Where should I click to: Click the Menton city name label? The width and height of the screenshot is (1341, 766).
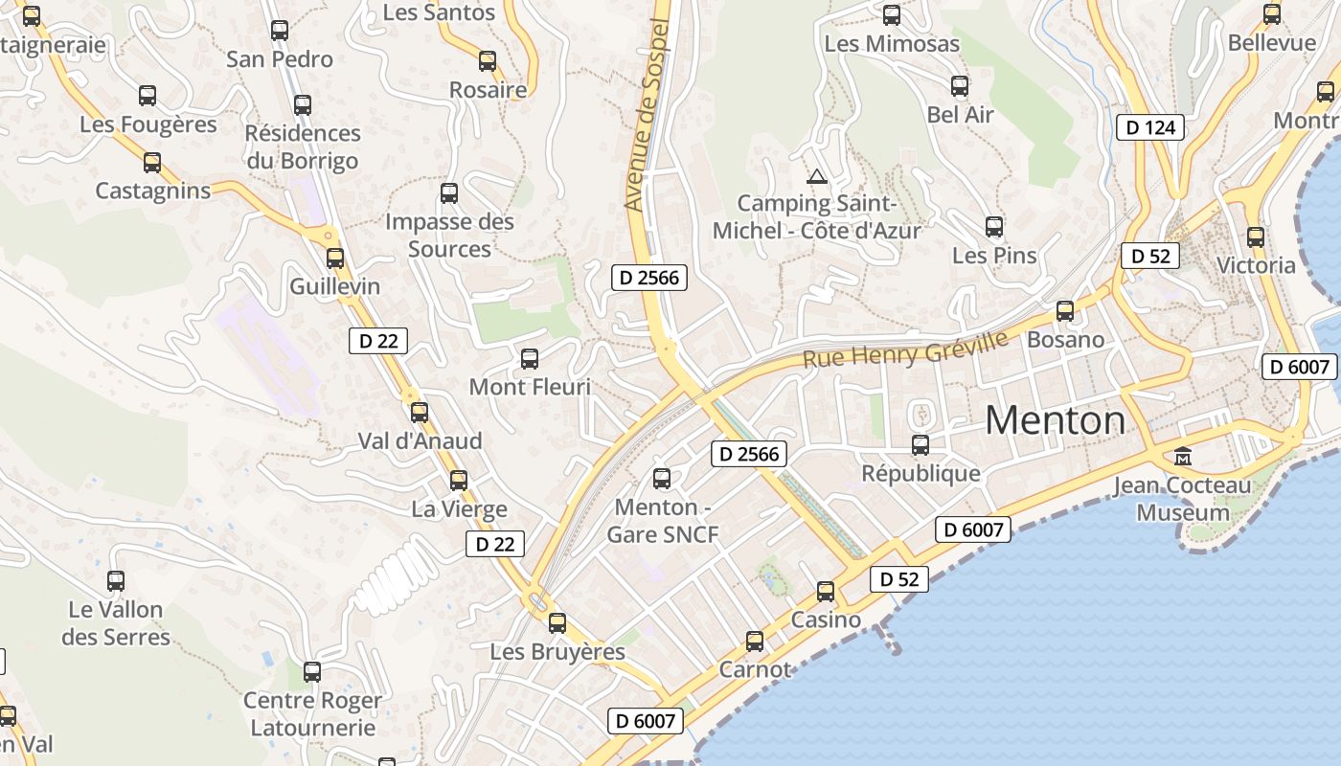click(1055, 420)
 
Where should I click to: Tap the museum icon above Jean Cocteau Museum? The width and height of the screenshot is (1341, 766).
click(1183, 457)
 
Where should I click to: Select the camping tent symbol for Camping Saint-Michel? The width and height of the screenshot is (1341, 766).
click(816, 176)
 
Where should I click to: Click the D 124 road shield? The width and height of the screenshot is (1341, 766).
click(1150, 127)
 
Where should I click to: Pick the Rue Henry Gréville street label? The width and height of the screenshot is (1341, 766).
click(905, 349)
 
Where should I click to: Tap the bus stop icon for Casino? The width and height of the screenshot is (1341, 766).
click(826, 592)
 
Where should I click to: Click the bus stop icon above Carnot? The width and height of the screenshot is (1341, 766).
click(755, 641)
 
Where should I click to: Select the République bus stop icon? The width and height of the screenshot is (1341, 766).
click(921, 444)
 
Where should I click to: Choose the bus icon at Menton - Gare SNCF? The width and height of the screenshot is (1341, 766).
click(662, 478)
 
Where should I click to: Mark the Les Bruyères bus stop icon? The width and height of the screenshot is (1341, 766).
click(557, 623)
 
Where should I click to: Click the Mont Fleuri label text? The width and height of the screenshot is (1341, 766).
click(529, 387)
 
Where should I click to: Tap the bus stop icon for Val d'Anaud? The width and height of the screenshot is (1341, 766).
click(420, 413)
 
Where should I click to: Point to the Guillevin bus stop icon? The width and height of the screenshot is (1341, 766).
click(335, 258)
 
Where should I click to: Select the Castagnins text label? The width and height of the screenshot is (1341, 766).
click(152, 191)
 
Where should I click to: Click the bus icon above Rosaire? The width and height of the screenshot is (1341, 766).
click(488, 61)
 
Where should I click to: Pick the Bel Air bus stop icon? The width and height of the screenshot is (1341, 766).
click(960, 86)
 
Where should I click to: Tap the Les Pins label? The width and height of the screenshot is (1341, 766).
click(994, 256)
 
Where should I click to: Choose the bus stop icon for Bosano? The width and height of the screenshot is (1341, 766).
click(1065, 311)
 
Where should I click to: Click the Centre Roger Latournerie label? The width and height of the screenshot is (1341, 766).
click(312, 714)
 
